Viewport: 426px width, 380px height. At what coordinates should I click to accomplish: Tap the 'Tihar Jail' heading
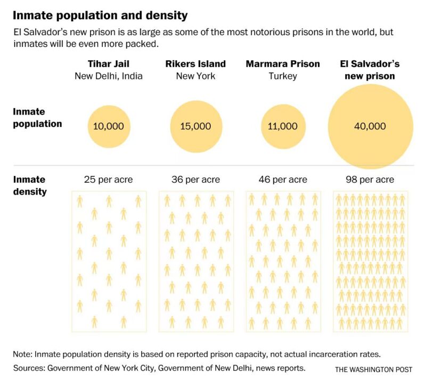click(x=109, y=64)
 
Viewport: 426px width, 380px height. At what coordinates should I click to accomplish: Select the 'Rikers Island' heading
click(x=196, y=64)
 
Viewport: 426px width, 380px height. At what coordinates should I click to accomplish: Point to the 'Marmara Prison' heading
click(x=283, y=64)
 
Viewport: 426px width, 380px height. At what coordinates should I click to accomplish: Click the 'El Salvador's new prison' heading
click(x=370, y=70)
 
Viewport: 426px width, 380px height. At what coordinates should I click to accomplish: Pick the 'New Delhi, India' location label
click(x=109, y=76)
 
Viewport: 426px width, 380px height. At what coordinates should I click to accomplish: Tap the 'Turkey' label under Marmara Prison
click(x=283, y=76)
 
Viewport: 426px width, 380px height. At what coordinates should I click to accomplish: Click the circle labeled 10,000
click(x=109, y=126)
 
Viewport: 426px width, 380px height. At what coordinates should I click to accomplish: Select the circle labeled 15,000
click(x=196, y=126)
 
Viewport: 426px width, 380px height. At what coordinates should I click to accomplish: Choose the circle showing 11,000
click(x=283, y=126)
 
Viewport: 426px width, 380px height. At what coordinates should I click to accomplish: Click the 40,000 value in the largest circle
click(x=370, y=126)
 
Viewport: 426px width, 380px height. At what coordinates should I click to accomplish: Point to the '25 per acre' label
click(x=109, y=180)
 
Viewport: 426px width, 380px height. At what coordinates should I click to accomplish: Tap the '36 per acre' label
click(x=196, y=180)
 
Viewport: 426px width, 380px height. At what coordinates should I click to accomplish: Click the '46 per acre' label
click(x=283, y=180)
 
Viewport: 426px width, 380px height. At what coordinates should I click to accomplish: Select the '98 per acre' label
click(x=370, y=180)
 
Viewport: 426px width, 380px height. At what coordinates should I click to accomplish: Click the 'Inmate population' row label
click(x=37, y=118)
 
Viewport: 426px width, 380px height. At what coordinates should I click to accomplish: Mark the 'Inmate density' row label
click(x=30, y=185)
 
